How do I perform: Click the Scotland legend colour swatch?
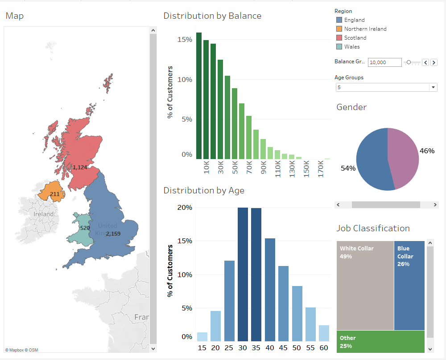coord(339,38)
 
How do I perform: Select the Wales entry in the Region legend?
coord(351,47)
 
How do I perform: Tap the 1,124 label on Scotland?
coord(80,168)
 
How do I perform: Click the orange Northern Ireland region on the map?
coord(50,191)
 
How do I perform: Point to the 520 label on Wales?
coord(85,228)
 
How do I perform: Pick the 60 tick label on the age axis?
coord(324,348)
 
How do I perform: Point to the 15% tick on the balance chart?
coord(184,40)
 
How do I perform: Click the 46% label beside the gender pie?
coord(427,151)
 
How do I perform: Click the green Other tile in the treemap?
coord(380,341)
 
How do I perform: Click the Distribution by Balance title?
coord(212,16)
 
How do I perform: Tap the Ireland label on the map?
coord(43,214)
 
